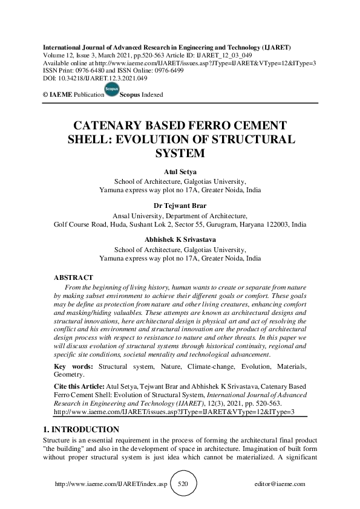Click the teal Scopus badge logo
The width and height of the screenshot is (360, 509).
point(111,91)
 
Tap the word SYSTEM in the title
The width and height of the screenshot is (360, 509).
point(180,153)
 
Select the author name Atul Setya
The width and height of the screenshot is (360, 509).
point(180,172)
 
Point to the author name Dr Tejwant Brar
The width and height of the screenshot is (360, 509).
point(180,206)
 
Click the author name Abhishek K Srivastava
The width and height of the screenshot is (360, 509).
point(180,239)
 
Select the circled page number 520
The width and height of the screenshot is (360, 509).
point(185,484)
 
